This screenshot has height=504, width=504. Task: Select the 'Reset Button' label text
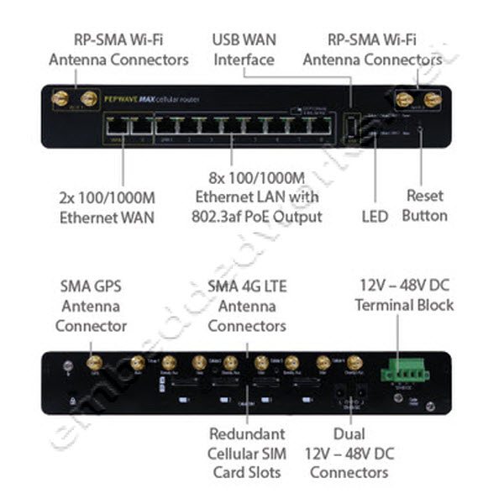(424, 206)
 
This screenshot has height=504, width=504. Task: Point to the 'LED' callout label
(375, 217)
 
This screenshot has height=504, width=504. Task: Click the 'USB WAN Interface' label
(244, 50)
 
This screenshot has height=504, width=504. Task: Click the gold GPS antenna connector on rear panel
(94, 364)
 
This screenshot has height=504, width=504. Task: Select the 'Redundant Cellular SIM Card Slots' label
(247, 454)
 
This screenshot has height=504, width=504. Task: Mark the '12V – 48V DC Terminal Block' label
(404, 295)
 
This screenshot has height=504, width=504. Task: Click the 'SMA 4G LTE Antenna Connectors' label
(247, 306)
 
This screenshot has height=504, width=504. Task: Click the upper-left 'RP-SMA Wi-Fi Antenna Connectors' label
(118, 50)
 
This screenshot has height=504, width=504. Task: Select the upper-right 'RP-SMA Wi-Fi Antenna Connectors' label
(373, 50)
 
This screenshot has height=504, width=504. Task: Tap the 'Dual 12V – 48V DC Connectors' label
(349, 454)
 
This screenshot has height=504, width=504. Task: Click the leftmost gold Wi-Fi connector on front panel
(60, 99)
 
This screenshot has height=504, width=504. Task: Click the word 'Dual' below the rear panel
(349, 434)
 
